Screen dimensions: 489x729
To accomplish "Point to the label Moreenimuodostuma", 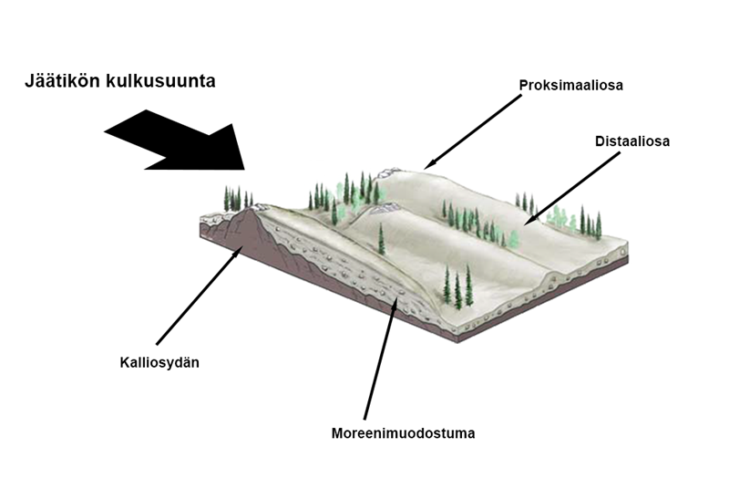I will tap(403, 432).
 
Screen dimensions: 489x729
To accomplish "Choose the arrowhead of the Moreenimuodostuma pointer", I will tap(395, 297).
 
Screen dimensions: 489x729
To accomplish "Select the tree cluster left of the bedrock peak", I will tap(237, 197).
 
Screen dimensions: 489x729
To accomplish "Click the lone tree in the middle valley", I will tap(381, 239).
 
